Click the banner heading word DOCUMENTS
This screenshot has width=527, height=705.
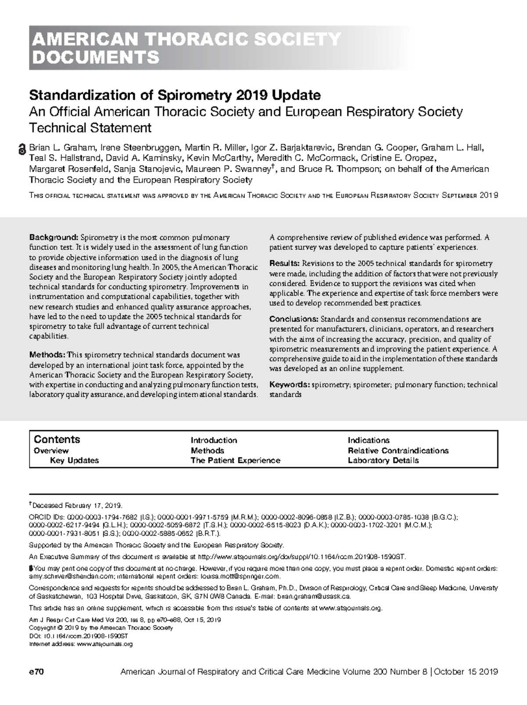click(94, 58)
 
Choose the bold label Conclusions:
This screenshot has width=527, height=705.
click(294, 319)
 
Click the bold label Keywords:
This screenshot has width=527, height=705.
click(289, 385)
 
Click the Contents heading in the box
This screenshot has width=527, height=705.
click(57, 439)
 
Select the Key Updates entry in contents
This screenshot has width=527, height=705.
click(74, 460)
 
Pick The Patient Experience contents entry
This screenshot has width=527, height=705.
click(235, 460)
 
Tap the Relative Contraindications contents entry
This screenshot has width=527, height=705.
click(398, 450)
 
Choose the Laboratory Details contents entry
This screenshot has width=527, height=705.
click(383, 460)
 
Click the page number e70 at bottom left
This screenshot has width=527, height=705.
click(36, 672)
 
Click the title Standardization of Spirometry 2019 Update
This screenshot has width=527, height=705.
click(175, 95)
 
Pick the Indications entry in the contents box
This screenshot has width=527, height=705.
click(368, 440)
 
